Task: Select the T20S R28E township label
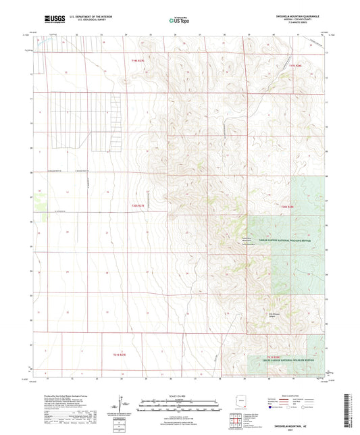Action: click(288, 206)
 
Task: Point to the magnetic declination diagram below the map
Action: click(123, 405)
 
